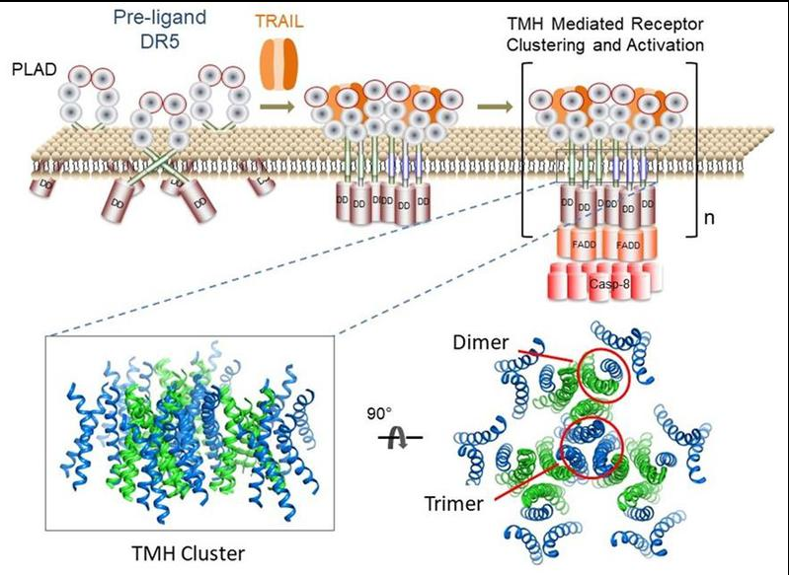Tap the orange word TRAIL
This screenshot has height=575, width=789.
(278, 20)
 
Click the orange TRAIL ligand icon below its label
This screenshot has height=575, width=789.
(278, 62)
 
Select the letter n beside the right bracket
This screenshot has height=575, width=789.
(707, 217)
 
